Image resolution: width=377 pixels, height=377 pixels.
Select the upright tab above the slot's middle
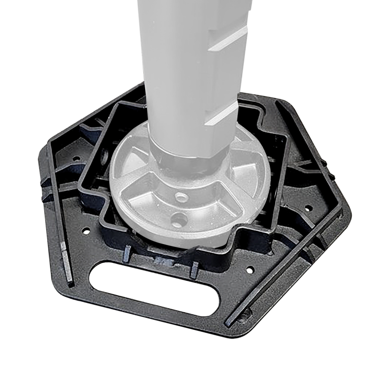click(x=194, y=269)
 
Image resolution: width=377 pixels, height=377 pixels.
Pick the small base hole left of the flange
click(x=86, y=231)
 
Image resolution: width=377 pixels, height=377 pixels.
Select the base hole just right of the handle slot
click(x=250, y=270)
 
